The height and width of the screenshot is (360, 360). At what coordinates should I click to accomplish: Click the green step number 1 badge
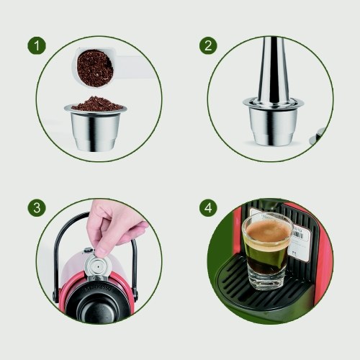37,45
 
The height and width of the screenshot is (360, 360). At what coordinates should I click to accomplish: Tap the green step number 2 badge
208,45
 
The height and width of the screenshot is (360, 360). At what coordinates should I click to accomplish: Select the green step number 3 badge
37,207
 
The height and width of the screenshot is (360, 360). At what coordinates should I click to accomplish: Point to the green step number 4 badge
208,207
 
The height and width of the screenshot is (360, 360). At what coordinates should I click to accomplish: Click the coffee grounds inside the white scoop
95,68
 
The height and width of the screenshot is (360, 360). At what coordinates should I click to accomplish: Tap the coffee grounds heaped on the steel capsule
97,103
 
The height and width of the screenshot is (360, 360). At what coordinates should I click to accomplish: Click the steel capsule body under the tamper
273,125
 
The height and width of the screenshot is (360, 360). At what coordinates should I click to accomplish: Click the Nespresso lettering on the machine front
98,287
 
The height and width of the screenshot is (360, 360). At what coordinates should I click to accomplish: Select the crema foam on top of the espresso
268,233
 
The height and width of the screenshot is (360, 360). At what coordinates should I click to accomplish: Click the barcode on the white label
300,235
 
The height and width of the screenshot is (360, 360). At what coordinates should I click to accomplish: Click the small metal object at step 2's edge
318,136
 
